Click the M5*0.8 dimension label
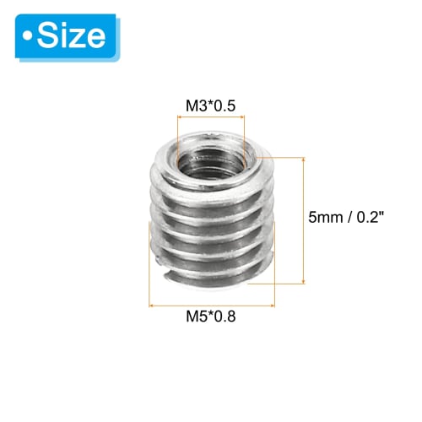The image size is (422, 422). point(212,318)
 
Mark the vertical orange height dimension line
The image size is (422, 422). point(301,219)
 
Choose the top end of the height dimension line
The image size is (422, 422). point(301,156)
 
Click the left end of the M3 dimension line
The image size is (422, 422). point(177,117)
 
